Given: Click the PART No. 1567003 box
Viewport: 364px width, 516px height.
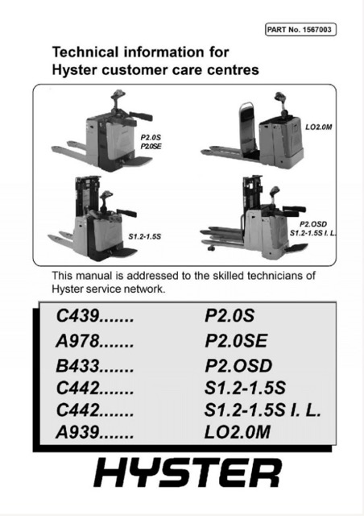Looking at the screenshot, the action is pyautogui.click(x=300, y=30).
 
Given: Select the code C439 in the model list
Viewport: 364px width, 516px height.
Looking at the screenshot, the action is pyautogui.click(x=77, y=316).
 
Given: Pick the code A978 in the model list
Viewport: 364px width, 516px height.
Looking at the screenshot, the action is pyautogui.click(x=77, y=341).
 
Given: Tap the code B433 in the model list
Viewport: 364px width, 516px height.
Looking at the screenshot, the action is pyautogui.click(x=77, y=365).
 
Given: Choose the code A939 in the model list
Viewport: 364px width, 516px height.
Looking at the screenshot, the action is pyautogui.click(x=77, y=432).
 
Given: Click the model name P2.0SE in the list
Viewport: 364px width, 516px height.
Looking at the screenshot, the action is pyautogui.click(x=236, y=341).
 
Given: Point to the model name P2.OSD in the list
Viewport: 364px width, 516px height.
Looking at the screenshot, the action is pyautogui.click(x=238, y=365).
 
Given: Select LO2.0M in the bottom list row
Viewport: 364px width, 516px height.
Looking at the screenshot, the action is pyautogui.click(x=238, y=432).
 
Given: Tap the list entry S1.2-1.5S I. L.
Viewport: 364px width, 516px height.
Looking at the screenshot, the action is pyautogui.click(x=263, y=410).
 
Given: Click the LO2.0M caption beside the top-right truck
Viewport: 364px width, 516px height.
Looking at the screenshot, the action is pyautogui.click(x=319, y=127).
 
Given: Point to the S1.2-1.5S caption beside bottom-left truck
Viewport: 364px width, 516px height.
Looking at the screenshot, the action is pyautogui.click(x=145, y=236).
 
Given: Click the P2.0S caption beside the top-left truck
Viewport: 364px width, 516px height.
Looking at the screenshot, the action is pyautogui.click(x=151, y=137).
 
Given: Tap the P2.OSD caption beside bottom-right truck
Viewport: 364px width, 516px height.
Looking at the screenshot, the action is pyautogui.click(x=313, y=224).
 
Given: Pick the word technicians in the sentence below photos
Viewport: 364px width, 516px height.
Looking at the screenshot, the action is pyautogui.click(x=275, y=276).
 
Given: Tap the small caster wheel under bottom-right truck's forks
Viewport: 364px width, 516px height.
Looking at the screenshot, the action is pyautogui.click(x=209, y=248).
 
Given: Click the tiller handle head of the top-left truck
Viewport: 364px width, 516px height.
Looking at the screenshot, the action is pyautogui.click(x=118, y=95).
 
